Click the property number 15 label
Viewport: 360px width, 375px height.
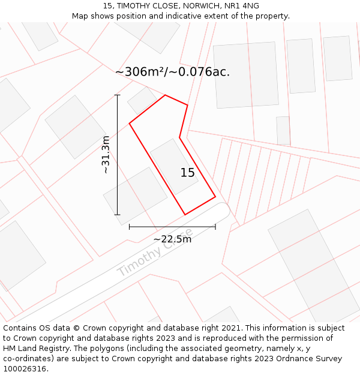click(x=188, y=173)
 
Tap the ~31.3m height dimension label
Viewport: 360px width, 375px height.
click(x=106, y=155)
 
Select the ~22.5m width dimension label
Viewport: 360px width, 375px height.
click(x=172, y=239)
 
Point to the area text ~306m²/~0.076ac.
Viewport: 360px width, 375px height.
click(x=172, y=72)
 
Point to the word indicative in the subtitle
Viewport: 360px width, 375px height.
click(x=182, y=16)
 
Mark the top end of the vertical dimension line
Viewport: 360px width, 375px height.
click(x=118, y=95)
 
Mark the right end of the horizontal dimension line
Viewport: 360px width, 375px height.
click(x=215, y=227)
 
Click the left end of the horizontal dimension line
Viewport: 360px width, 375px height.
click(x=130, y=227)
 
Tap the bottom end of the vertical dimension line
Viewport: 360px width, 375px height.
click(x=118, y=214)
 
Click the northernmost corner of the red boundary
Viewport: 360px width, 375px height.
click(x=165, y=95)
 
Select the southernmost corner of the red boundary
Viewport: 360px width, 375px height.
click(x=185, y=214)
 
